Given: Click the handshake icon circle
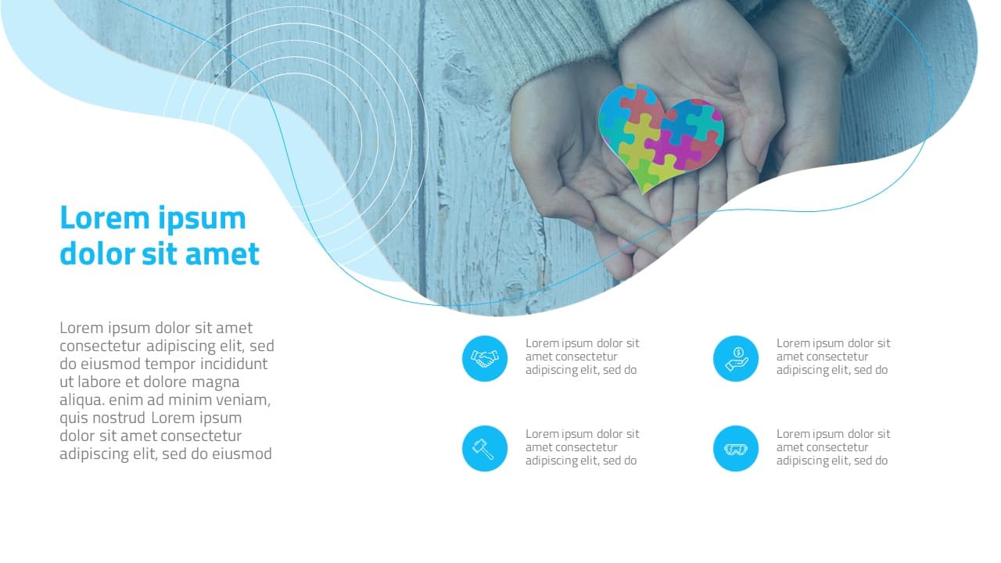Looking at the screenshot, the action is click(x=485, y=358).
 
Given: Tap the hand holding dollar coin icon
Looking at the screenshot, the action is click(x=736, y=358).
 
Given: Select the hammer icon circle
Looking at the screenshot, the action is click(x=485, y=449).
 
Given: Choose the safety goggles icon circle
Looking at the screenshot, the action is click(x=736, y=449).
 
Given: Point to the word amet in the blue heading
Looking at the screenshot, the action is click(x=222, y=254).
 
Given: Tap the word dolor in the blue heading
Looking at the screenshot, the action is click(x=98, y=253).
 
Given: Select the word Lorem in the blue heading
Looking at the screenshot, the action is click(x=105, y=218).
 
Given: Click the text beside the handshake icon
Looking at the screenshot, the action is click(x=583, y=357).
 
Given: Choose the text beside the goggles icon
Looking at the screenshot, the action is click(x=834, y=447).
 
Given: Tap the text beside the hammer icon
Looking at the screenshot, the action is click(x=583, y=447).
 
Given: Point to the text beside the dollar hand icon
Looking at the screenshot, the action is click(x=834, y=357).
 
